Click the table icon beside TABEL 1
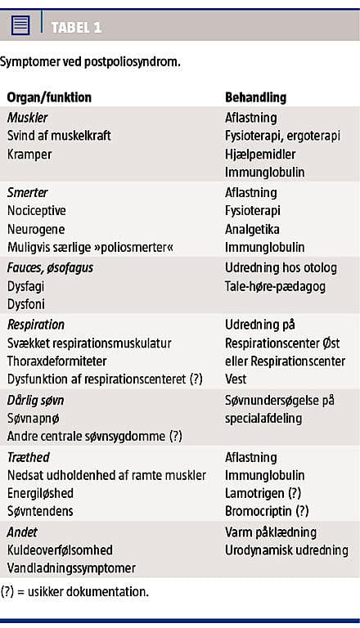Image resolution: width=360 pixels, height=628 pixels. tap(21, 26)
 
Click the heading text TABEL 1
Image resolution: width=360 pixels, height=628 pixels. tap(76, 27)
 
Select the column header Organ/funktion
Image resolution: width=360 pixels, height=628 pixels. tap(49, 97)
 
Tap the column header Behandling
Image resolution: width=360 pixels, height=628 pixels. tap(255, 97)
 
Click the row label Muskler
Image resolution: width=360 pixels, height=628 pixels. tap(27, 118)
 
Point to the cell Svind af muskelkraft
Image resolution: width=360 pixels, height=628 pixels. tap(59, 136)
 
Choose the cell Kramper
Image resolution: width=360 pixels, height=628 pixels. tap(29, 154)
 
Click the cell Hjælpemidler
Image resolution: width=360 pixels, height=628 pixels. tap(260, 154)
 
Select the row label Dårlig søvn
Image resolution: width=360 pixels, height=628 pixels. tap(35, 400)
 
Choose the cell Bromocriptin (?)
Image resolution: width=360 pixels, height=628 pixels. tap(267, 511)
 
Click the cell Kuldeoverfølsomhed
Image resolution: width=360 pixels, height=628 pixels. tap(60, 550)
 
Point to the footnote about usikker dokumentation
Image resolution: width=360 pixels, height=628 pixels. tap(74, 591)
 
